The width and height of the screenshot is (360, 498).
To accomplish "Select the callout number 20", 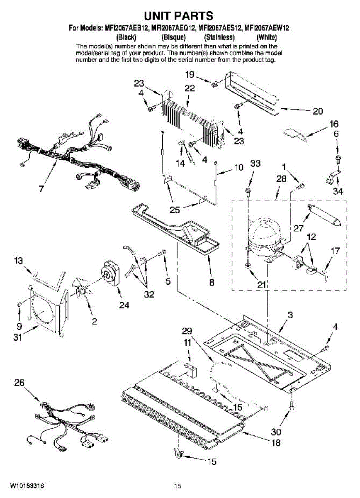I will pyautogui.click(x=317, y=111).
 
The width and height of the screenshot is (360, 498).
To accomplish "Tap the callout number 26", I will pyautogui.click(x=19, y=383).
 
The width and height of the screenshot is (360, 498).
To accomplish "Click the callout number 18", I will pyautogui.click(x=276, y=443).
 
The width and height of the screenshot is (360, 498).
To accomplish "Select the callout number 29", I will pyautogui.click(x=187, y=330).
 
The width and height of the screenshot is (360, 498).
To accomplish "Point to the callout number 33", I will pyautogui.click(x=255, y=164).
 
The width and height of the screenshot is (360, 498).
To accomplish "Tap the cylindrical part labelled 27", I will pyautogui.click(x=324, y=215).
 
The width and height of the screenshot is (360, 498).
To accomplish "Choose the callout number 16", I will pyautogui.click(x=334, y=124).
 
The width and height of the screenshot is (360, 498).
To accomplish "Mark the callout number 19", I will pyautogui.click(x=189, y=75).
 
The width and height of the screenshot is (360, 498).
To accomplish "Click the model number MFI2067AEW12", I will pyautogui.click(x=267, y=28).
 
